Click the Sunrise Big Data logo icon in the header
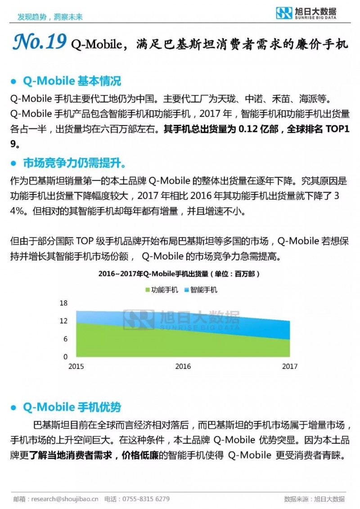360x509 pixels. tap(284, 13)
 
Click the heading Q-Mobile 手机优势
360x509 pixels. tap(72, 408)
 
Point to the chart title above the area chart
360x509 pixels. tap(179, 274)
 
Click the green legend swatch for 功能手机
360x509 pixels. tap(147, 290)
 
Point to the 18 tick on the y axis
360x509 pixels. tap(64, 303)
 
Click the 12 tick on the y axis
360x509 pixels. tap(64, 321)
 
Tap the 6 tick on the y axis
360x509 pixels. tap(66, 339)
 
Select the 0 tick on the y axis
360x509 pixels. tap(66, 357)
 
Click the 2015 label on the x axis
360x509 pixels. tap(76, 366)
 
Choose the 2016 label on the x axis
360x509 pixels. tap(183, 366)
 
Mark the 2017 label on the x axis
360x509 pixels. tap(289, 366)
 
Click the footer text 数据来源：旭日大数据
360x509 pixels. tap(315, 499)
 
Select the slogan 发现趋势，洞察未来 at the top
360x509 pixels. tap(49, 17)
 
